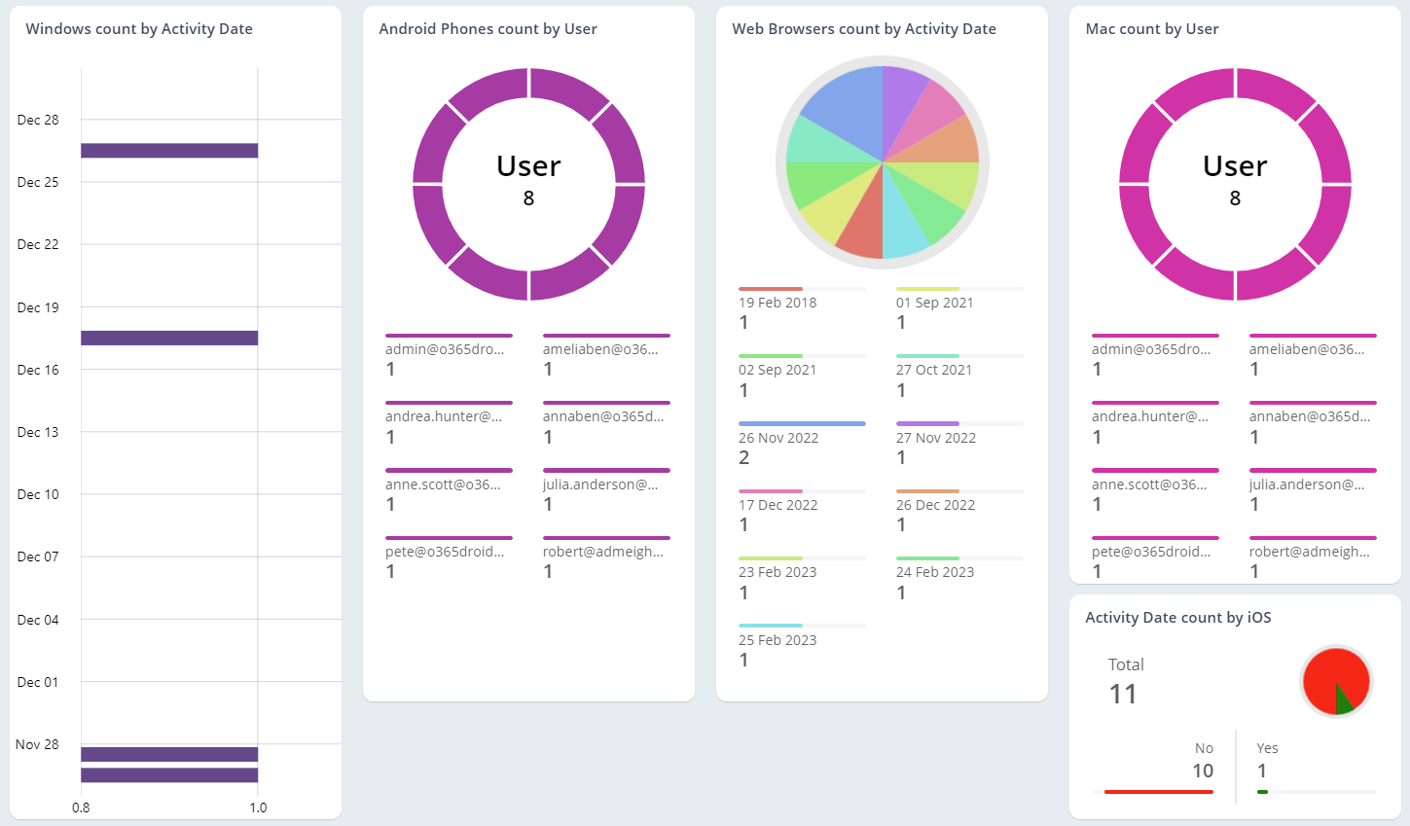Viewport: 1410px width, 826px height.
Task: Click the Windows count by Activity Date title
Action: pos(139,29)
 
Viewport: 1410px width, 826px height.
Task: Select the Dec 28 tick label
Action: pos(38,120)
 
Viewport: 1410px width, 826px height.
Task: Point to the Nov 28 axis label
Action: pos(37,744)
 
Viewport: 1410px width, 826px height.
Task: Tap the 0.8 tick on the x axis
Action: pos(81,808)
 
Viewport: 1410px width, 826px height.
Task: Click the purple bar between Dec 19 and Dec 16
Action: pos(169,338)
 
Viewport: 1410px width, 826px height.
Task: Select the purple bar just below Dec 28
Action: pos(169,151)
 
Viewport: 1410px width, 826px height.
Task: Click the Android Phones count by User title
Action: pos(488,29)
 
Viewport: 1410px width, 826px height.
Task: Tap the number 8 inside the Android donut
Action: pos(528,198)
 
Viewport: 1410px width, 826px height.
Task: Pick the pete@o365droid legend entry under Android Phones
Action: pos(445,552)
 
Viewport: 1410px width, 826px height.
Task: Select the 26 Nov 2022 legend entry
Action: pos(778,438)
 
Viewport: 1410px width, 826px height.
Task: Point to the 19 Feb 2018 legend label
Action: pos(777,303)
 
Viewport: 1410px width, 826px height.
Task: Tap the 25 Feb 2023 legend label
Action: pos(777,640)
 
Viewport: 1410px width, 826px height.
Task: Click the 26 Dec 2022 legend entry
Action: pos(935,505)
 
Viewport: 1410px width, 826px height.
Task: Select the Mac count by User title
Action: pos(1152,29)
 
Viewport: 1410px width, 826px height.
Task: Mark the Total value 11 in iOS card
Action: pos(1123,694)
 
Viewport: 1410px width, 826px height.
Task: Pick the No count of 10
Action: pos(1203,771)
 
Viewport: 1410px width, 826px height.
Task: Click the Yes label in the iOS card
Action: pos(1267,748)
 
